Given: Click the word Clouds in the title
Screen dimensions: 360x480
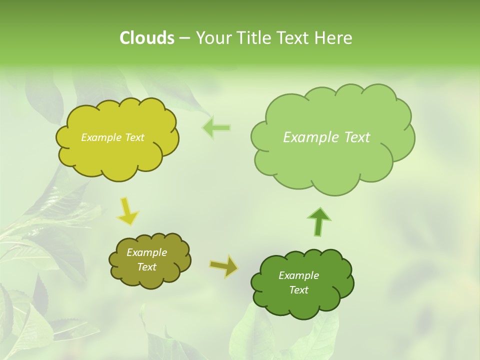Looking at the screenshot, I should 147,38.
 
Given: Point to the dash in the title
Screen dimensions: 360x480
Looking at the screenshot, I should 184,38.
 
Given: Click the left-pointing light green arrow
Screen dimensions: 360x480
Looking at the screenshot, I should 216,127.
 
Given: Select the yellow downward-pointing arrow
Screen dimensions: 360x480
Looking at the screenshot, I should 127,211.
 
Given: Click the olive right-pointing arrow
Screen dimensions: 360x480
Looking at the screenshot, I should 223,266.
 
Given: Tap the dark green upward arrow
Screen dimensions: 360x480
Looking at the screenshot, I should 319,221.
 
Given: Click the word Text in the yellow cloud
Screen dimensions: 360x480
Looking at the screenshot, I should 133,137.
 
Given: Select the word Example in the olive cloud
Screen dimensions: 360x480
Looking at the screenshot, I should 146,252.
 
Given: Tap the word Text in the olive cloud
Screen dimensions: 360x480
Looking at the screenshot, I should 146,267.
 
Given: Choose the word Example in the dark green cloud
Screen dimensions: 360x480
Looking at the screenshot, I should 298,275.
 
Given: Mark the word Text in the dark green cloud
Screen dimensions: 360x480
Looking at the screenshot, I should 298,290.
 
